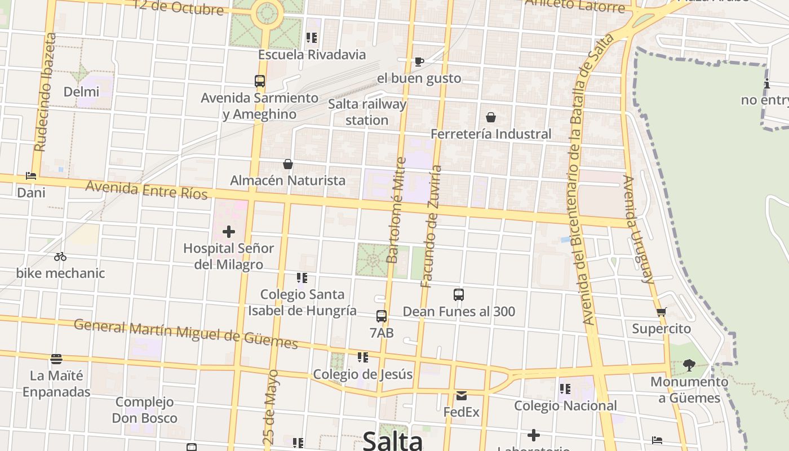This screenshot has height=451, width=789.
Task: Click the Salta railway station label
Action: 367,112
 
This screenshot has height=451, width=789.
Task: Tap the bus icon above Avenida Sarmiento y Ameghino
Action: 260,81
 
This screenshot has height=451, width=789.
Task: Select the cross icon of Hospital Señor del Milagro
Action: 229,231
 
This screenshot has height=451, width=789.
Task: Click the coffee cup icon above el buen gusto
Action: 419,61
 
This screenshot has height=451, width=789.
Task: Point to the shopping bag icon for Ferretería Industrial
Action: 491,117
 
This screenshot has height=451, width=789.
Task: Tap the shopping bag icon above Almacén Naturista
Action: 288,164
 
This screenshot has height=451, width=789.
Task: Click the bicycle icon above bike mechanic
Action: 60,257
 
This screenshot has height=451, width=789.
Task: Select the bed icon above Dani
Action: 31,176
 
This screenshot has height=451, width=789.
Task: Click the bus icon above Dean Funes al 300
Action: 459,294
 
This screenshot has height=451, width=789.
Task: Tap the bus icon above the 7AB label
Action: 382,316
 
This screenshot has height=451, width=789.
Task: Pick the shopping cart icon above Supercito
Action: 661,312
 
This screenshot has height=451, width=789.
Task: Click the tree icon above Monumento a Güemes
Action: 689,365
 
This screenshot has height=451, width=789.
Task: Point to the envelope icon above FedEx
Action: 462,395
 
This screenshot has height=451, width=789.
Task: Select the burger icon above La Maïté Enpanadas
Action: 56,359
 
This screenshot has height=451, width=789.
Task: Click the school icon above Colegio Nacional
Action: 565,388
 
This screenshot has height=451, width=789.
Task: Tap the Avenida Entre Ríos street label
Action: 147,190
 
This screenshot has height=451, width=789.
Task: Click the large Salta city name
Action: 393,440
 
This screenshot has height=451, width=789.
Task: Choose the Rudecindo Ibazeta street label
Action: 45,92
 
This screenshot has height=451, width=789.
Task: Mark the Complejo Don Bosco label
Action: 144,410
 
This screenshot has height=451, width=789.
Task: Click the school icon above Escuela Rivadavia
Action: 312,38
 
